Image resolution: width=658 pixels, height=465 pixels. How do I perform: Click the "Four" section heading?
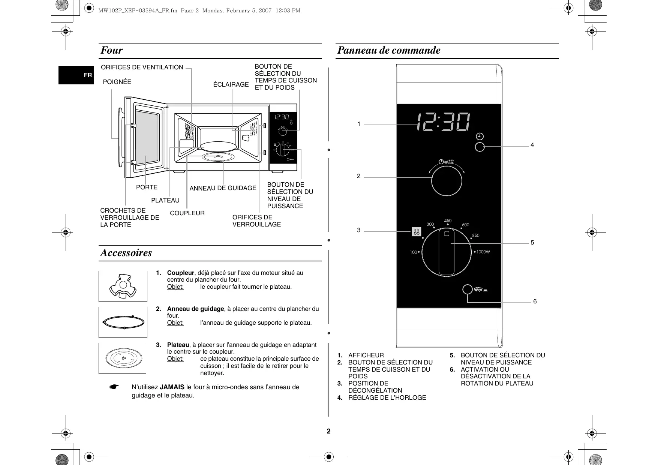pos(111,50)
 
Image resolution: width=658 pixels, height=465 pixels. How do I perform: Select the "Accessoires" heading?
pos(126,253)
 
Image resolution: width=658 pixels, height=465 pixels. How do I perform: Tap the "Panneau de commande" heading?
pos(389,50)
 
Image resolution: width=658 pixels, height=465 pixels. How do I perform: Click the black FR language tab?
pos(76,75)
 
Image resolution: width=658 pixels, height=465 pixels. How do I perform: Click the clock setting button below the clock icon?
pos(480,147)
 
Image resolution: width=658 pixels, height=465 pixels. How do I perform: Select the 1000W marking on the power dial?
pos(483,252)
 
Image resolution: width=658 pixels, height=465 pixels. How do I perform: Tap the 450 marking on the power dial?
pos(448,221)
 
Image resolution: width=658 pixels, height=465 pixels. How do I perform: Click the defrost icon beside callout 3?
pos(416,232)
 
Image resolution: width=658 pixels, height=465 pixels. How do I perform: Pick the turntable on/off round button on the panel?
pos(467,290)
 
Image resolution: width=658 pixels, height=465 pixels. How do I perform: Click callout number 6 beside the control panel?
pos(535,301)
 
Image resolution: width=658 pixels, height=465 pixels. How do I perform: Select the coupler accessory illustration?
pos(123,286)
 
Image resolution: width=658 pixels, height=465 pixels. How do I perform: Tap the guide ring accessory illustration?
pos(123,322)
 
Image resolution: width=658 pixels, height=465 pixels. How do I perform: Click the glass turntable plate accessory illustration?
pos(122,358)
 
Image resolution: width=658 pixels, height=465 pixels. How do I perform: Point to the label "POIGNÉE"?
pos(117,82)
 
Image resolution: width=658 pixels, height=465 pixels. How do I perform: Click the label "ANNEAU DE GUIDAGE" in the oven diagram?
pos(223,188)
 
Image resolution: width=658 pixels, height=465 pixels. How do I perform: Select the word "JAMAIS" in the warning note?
pos(172,387)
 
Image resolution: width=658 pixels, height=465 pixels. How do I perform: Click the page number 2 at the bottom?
pos(328,431)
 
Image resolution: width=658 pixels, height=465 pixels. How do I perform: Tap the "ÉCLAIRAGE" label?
pos(231,85)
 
